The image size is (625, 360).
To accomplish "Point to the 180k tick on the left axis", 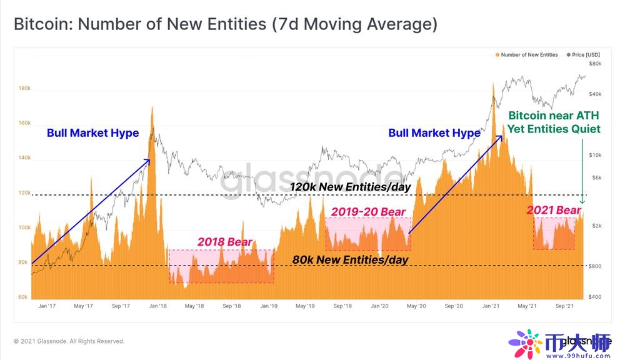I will pyautogui.click(x=24, y=89).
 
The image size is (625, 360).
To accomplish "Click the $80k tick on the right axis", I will pyautogui.click(x=595, y=64).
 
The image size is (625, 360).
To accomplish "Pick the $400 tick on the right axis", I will pyautogui.click(x=595, y=296).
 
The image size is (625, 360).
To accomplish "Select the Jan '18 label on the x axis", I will pyautogui.click(x=158, y=306).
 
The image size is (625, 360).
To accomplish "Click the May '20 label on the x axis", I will pyautogui.click(x=416, y=306).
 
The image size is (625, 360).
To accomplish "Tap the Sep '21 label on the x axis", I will pyautogui.click(x=564, y=306).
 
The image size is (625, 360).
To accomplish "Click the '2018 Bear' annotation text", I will pyautogui.click(x=224, y=242).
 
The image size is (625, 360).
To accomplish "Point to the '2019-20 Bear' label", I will pyautogui.click(x=368, y=212).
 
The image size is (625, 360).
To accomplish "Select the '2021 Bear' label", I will pyautogui.click(x=553, y=211).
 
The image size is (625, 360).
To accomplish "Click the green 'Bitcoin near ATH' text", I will pyautogui.click(x=554, y=116).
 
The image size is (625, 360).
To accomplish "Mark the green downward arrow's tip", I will pyautogui.click(x=582, y=204).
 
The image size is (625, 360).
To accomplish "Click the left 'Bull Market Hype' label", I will pyautogui.click(x=92, y=132).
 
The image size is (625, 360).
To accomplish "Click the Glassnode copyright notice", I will pyautogui.click(x=69, y=341).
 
